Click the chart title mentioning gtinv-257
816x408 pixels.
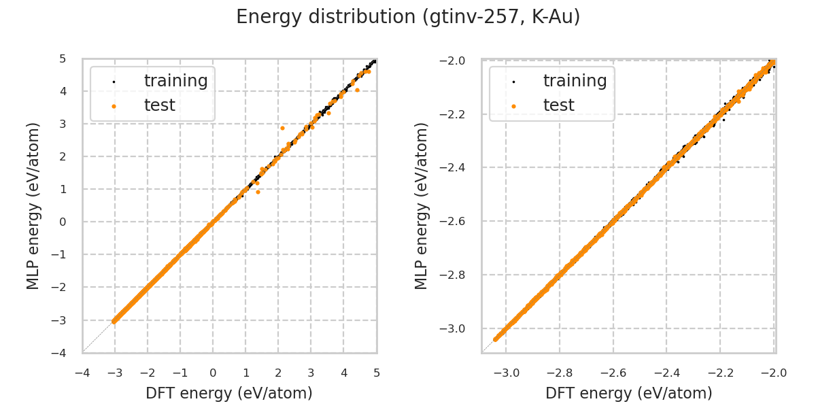[408, 17]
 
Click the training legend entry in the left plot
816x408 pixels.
[175, 81]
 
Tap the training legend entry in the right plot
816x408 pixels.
[575, 81]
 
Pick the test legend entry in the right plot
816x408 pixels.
[558, 105]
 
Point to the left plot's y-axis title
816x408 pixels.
[33, 205]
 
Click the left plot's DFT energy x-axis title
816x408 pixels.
[229, 393]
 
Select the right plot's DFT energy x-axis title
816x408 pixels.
[628, 393]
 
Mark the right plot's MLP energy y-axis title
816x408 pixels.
[422, 205]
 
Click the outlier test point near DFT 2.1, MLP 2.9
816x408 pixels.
[282, 128]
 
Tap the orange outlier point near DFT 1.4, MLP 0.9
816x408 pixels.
[258, 192]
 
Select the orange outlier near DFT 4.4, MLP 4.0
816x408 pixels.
[357, 90]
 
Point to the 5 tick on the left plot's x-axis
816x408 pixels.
[376, 373]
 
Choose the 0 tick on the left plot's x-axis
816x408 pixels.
[213, 373]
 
